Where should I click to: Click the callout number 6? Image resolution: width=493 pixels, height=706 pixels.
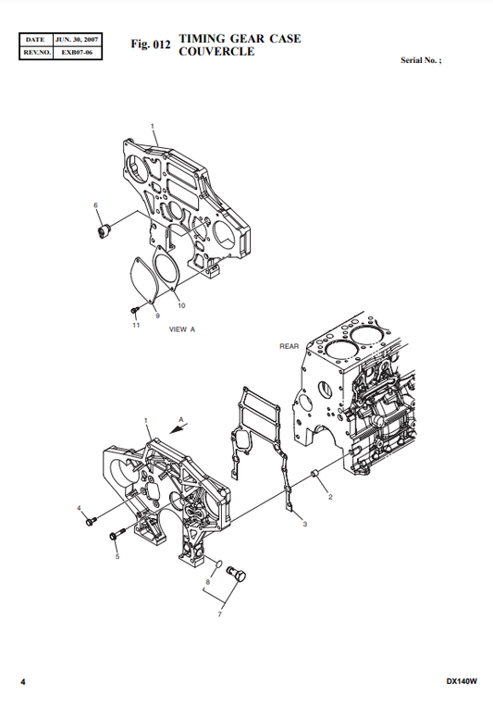(x=95, y=204)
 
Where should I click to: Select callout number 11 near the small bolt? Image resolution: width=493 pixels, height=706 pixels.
(x=135, y=325)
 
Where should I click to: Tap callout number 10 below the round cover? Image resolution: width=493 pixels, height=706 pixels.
(x=181, y=305)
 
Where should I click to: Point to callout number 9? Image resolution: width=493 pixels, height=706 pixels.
(x=158, y=315)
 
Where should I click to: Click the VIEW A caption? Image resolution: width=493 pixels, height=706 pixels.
(x=181, y=329)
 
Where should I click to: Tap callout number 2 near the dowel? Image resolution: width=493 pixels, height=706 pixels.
(x=329, y=498)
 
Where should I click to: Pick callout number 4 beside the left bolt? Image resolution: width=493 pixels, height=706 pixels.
(x=79, y=508)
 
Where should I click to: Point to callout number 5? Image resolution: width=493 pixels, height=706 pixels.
(x=117, y=556)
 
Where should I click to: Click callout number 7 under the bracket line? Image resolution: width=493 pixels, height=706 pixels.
(x=219, y=613)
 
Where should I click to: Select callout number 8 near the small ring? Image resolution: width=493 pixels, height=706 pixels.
(x=208, y=584)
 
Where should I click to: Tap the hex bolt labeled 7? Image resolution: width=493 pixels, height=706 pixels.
(x=236, y=576)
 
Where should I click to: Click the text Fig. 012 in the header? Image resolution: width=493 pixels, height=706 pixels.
(x=151, y=43)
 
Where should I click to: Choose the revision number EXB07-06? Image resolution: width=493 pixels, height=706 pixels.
(x=78, y=53)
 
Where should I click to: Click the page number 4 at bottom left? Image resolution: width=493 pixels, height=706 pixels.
(x=23, y=682)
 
